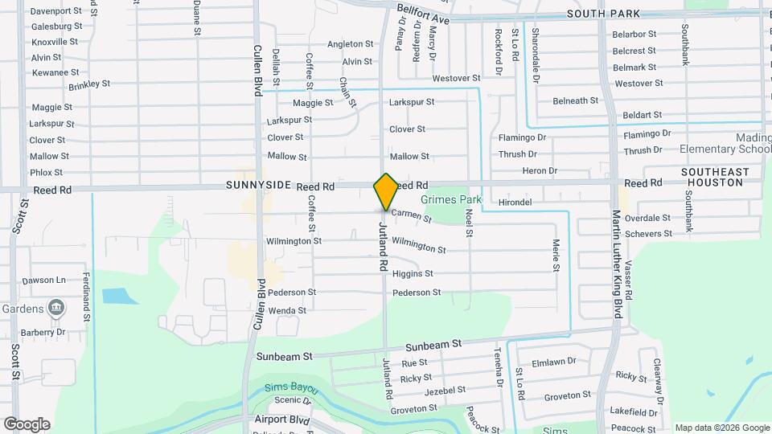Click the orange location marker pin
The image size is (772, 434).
coord(386,191)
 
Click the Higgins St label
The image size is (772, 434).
coord(413,274)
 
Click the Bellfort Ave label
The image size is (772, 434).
coord(423,13)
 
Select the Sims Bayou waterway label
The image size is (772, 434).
coord(292,389)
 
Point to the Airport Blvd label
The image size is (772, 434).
coord(282,420)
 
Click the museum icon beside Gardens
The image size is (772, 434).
coord(56,307)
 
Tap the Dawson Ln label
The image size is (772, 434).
coord(43,280)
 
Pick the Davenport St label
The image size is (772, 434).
coord(56,12)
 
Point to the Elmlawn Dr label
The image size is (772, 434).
coord(555,362)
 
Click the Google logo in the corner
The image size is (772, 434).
coord(27,424)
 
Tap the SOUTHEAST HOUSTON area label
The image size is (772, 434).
coord(715,178)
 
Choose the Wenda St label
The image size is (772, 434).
coord(287,310)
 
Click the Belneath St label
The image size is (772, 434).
coord(575,100)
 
